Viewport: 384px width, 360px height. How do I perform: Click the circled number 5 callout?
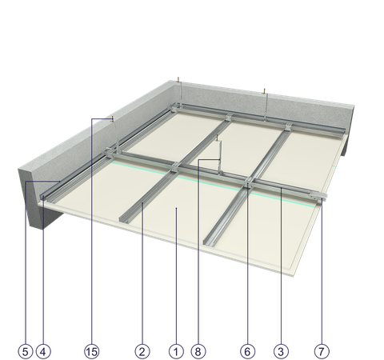(26, 351)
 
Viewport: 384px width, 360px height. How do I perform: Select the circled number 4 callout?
(43, 351)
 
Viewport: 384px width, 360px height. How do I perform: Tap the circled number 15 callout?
(91, 351)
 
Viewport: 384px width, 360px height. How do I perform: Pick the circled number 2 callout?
(142, 351)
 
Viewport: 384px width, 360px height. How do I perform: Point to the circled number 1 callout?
(176, 351)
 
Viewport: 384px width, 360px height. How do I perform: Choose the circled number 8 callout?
(198, 351)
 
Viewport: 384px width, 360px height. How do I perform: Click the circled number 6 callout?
(247, 351)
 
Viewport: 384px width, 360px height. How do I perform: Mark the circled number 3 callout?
(281, 351)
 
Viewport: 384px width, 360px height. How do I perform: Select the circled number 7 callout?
(322, 351)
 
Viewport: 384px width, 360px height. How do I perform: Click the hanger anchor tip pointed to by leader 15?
(113, 118)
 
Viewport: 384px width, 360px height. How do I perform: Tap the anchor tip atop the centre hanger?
(218, 138)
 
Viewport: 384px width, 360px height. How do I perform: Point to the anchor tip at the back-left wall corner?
(178, 79)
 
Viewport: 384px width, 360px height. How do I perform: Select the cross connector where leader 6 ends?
(248, 184)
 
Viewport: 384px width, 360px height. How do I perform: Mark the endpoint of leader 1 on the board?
(176, 208)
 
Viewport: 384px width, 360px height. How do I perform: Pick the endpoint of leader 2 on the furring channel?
(142, 203)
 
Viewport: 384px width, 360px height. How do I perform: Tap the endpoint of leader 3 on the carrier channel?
(281, 188)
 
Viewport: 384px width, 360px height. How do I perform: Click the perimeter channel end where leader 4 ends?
(43, 198)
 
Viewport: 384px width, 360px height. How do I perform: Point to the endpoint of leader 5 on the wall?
(60, 182)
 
